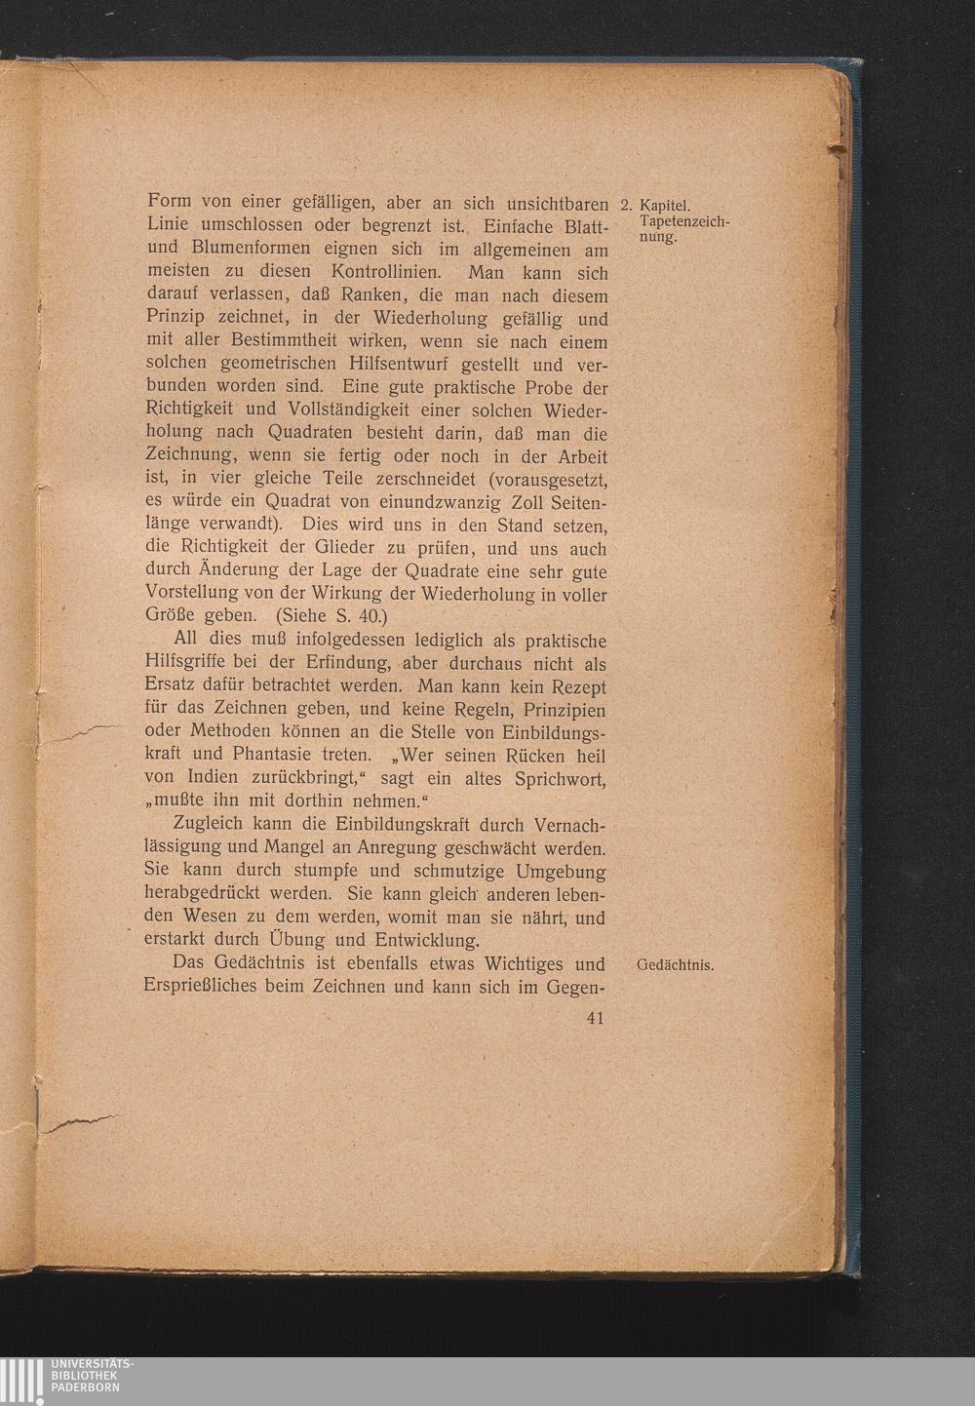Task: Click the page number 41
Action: [595, 1018]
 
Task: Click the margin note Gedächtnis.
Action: [675, 966]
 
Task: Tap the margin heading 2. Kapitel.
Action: [656, 206]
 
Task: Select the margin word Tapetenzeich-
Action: [684, 222]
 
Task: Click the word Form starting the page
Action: [168, 202]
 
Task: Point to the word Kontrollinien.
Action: [388, 272]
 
